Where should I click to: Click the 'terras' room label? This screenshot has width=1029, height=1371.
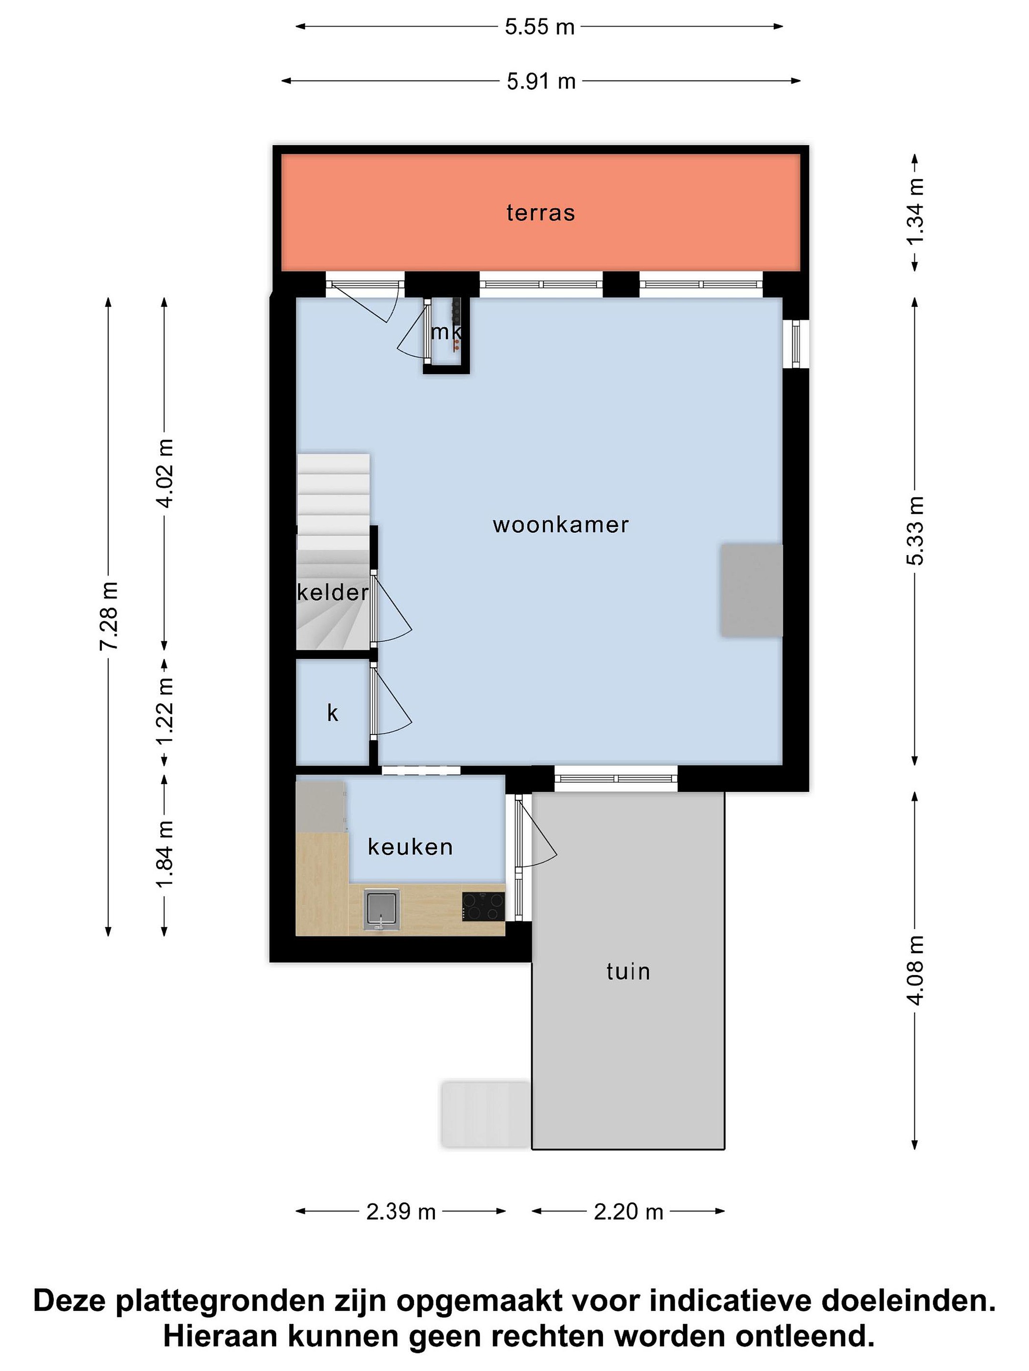pos(540,213)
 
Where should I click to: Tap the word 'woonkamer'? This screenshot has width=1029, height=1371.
pos(561,525)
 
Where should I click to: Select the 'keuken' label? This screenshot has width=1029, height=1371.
pos(410,847)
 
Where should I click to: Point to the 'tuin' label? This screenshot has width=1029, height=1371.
pos(628,971)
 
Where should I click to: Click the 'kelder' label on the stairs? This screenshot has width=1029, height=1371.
pos(333,593)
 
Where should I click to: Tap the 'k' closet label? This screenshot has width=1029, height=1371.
pos(333,714)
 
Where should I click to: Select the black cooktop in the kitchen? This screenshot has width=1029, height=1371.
pos(483,906)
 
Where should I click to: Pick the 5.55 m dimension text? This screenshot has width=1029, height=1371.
pos(540,27)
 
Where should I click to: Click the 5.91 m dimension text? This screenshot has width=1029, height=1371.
pos(541,81)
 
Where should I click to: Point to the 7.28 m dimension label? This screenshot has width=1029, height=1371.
pos(109,616)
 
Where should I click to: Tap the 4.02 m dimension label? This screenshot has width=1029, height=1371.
pos(164,473)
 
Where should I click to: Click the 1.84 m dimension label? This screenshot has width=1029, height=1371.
pos(164,854)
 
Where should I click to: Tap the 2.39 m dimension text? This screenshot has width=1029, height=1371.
pos(401,1212)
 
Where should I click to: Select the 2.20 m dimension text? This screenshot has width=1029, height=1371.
pos(628,1212)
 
